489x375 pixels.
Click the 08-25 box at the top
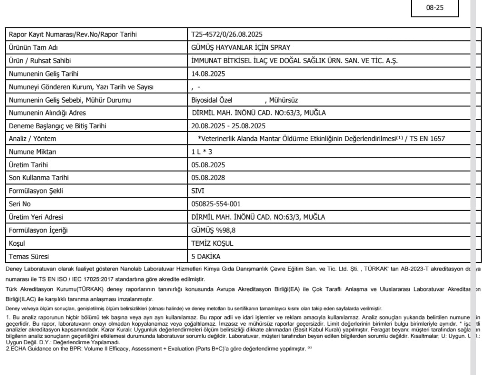point(435,9)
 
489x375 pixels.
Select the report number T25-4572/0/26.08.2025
point(227,35)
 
